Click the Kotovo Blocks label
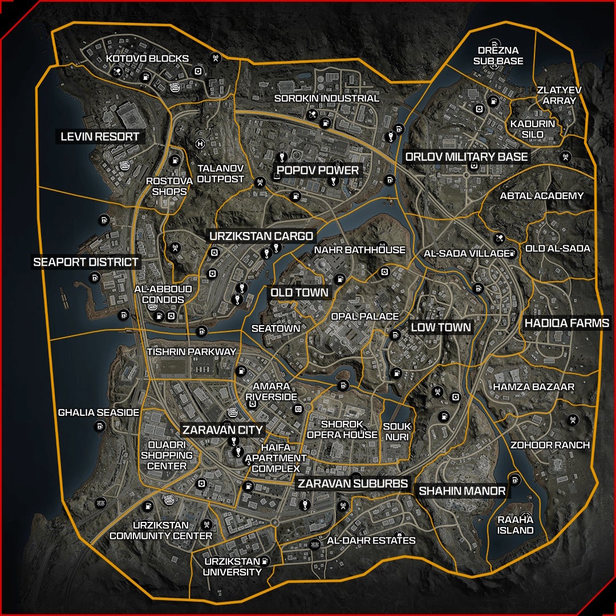click(147, 59)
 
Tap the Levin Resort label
click(100, 137)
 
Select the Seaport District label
click(86, 262)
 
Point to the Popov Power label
click(318, 170)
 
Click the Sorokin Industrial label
click(327, 98)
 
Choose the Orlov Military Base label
click(467, 156)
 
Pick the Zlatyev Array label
click(557, 95)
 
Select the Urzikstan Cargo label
click(261, 236)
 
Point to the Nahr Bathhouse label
click(360, 250)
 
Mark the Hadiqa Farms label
click(567, 323)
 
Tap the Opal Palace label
click(365, 316)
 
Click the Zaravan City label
click(222, 430)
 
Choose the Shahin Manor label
click(462, 491)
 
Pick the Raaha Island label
click(515, 525)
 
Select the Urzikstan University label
click(233, 566)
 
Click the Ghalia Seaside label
click(99, 412)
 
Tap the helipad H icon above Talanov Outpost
click(200, 144)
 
